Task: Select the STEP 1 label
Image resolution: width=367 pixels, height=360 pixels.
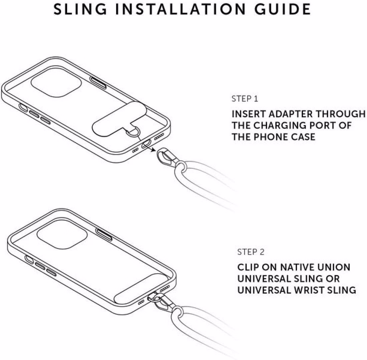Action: point(245,99)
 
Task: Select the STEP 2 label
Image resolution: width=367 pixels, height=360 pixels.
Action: point(251,252)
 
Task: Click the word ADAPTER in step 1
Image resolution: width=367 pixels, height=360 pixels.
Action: point(291,114)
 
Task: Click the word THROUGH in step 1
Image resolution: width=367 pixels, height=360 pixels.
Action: point(340,114)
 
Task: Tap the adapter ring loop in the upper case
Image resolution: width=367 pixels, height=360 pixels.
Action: point(133,133)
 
